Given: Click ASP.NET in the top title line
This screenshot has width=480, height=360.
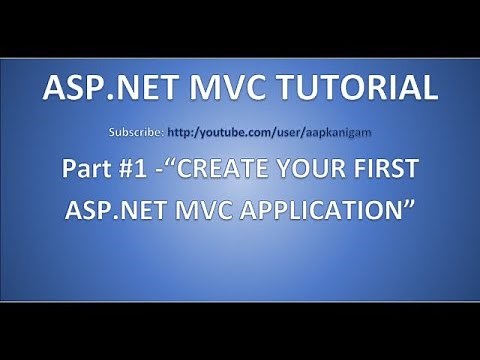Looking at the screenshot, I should (x=98, y=89).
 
